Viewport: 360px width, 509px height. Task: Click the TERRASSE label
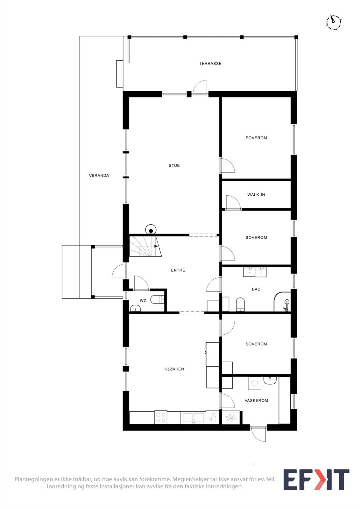coord(210,64)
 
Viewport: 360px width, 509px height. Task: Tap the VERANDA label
coord(99,175)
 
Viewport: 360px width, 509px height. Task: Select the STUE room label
coord(174,165)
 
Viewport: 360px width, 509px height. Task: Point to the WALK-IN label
coord(256,195)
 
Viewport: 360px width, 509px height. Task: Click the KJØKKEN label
coord(174,369)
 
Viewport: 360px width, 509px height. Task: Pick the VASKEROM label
coord(256,401)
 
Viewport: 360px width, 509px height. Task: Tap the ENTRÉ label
coord(178,270)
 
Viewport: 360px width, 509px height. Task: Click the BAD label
coord(256,289)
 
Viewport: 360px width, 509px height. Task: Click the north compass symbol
coord(334,22)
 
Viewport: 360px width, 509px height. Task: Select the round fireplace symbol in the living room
coord(151,230)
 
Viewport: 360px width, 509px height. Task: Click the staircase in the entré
coord(145,246)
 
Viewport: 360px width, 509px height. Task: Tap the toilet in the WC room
coord(158,299)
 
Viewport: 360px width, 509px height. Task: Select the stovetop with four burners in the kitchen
coord(161,417)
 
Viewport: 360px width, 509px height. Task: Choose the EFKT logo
coord(316,479)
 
